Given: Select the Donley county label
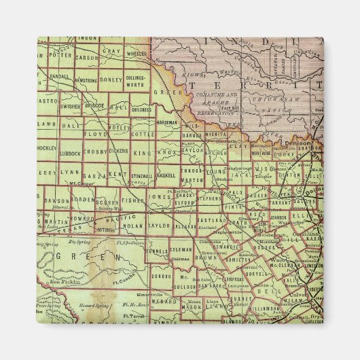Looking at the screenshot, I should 111,79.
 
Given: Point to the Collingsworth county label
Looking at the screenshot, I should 136,82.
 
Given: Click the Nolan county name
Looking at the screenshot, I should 133,224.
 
